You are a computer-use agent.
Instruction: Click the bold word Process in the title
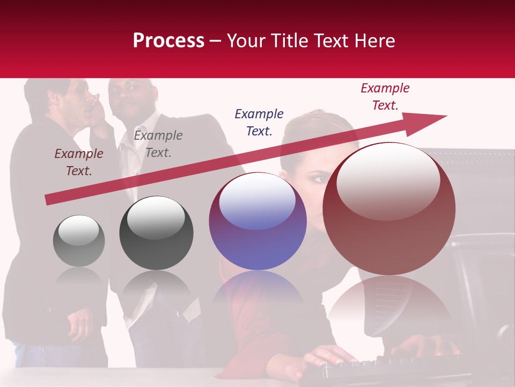tap(168, 41)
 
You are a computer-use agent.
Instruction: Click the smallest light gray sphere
tap(79, 241)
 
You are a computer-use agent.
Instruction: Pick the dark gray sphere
tap(156, 233)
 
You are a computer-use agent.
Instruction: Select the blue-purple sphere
tap(257, 221)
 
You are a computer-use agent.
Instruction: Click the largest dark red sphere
tap(389, 209)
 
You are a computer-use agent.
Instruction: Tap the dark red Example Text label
tap(79, 162)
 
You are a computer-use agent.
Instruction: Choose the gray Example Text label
tap(158, 144)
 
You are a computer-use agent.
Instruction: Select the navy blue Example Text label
tap(259, 123)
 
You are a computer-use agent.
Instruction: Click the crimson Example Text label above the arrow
tap(385, 97)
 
